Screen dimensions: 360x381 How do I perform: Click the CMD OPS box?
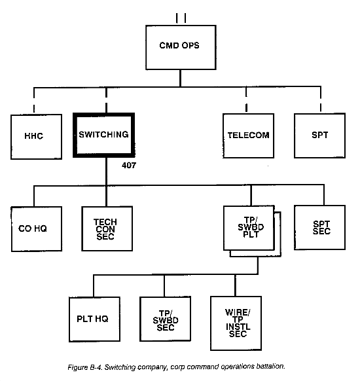pos(181,47)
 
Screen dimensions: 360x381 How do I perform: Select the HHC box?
pos(36,137)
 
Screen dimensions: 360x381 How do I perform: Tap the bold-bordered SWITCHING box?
pos(104,135)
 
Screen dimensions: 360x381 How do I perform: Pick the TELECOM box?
pos(248,136)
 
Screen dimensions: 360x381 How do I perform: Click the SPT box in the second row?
pos(319,136)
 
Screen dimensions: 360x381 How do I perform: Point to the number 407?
pos(129,166)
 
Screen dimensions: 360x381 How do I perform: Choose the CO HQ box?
pos(37,229)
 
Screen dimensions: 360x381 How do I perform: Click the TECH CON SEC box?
pos(107,228)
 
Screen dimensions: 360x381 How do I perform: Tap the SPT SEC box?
pos(319,227)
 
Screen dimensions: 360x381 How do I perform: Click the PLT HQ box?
pos(94,319)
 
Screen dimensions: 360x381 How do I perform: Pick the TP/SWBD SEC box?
pos(165,319)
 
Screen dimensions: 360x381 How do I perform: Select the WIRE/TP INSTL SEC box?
pos(236,323)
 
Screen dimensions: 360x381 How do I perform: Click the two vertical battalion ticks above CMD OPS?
pos(181,18)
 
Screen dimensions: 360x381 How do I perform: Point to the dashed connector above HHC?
pos(34,100)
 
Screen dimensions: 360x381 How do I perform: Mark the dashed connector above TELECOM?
pos(246,99)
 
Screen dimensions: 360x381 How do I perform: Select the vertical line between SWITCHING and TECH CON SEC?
pos(106,182)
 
